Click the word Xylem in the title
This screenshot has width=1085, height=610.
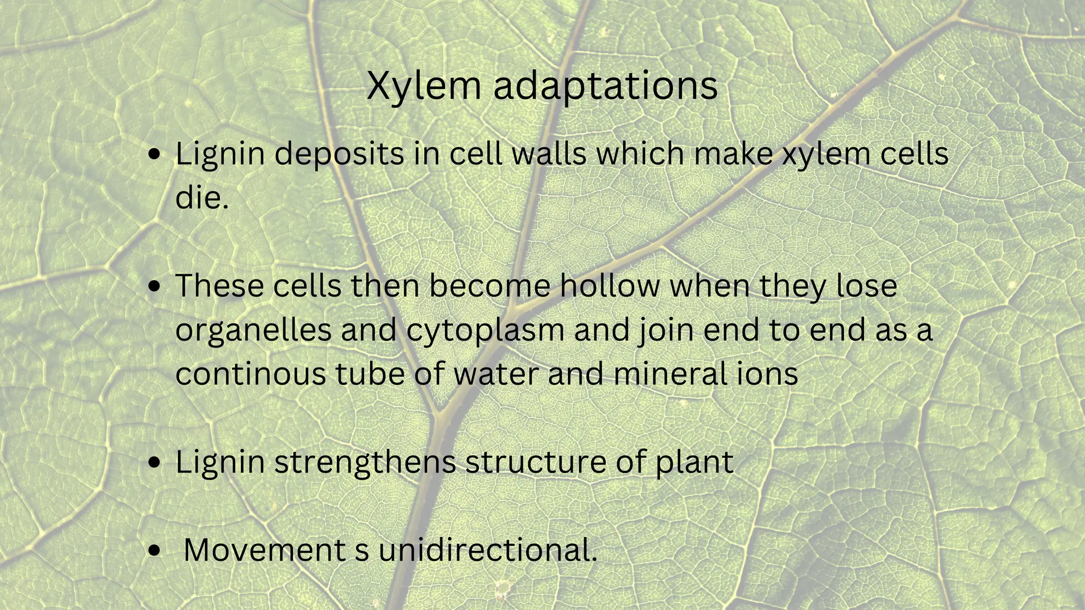click(423, 86)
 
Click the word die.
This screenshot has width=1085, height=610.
click(200, 198)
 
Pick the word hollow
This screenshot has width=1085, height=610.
click(610, 286)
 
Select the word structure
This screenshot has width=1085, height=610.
click(535, 462)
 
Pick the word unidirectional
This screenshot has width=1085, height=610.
click(487, 550)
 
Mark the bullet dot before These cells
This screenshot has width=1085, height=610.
click(154, 286)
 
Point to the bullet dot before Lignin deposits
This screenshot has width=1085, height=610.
click(154, 155)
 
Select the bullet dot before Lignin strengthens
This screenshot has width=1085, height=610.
click(154, 462)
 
